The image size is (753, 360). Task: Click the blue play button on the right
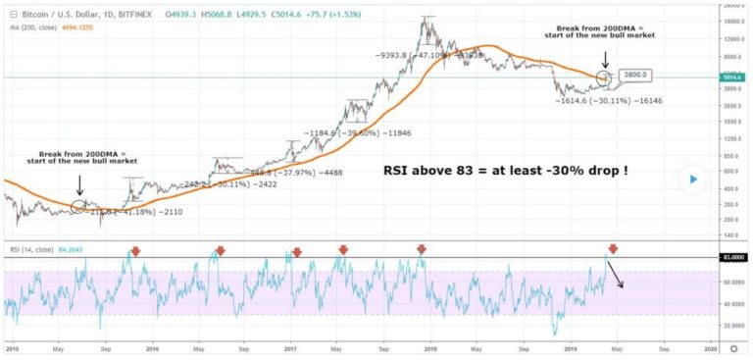[695, 180]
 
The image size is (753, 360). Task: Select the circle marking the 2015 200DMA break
[78, 206]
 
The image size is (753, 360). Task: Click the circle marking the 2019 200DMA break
[605, 76]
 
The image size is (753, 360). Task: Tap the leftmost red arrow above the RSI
[135, 251]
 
